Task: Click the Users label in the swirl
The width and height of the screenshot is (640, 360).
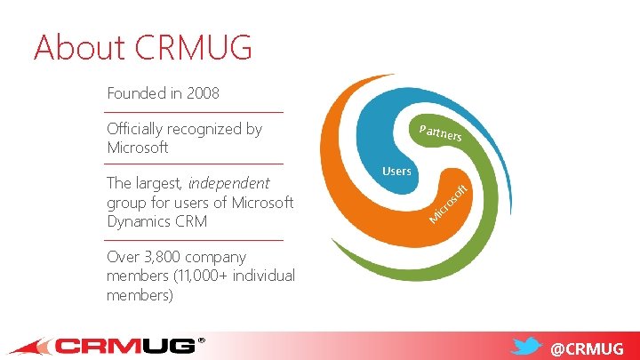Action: pyautogui.click(x=396, y=171)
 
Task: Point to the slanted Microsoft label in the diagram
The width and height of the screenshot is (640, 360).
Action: pyautogui.click(x=447, y=203)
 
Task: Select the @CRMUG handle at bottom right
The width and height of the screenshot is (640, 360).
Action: pyautogui.click(x=587, y=348)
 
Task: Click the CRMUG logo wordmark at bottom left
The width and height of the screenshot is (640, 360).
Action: pyautogui.click(x=124, y=346)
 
